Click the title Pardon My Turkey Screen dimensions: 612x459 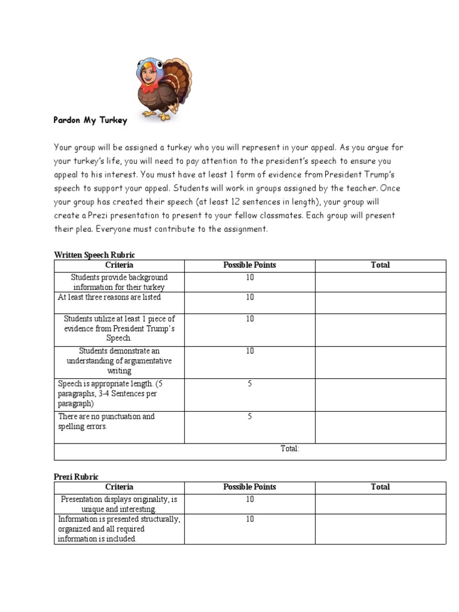tap(91, 120)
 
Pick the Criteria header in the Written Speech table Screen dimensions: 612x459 tap(120, 265)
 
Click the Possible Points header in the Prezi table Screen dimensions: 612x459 tap(250, 487)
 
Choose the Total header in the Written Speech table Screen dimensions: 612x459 tap(380, 265)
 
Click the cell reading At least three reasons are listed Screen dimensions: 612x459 tap(109, 297)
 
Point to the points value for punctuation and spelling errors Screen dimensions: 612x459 tap(250, 417)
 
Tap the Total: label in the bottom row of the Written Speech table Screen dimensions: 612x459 tap(290, 449)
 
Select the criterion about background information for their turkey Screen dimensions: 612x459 tap(120, 282)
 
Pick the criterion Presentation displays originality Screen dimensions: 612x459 tap(120, 504)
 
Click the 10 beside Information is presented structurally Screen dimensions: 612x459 tap(250, 519)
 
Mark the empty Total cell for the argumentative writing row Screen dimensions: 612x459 tap(380, 362)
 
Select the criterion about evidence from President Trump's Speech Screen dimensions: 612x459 tap(120, 328)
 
